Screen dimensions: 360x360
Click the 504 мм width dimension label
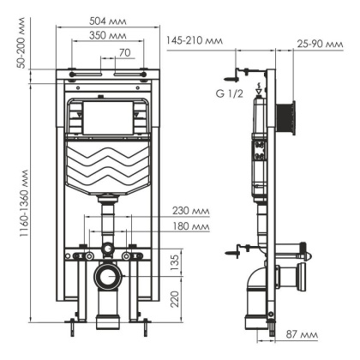[x=108, y=21]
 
